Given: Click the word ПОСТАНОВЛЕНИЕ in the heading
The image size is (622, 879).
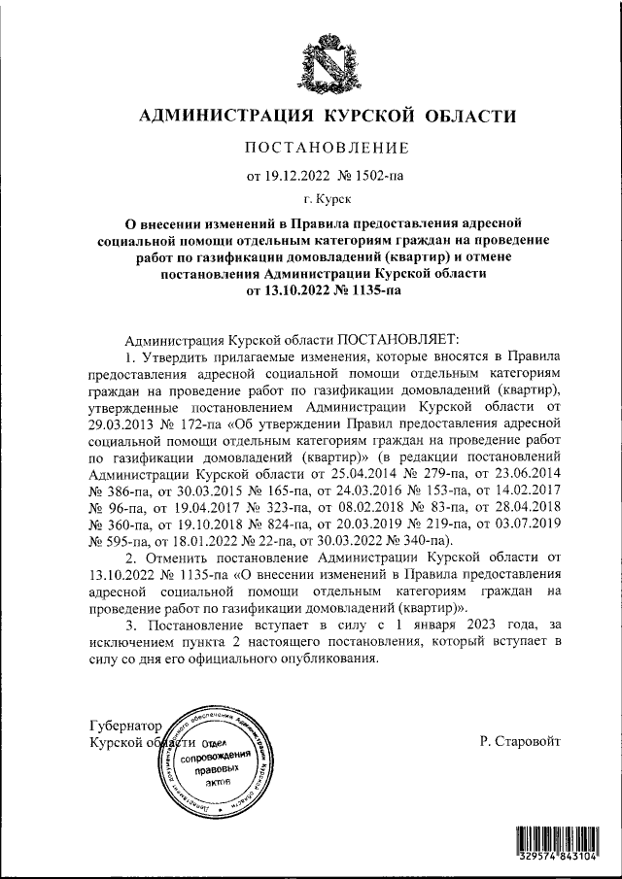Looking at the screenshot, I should [x=327, y=149].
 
